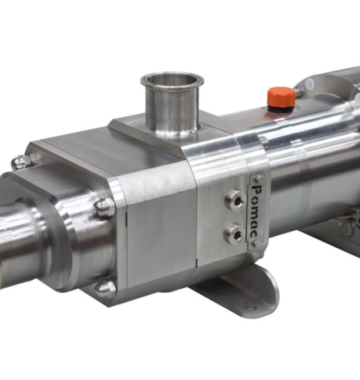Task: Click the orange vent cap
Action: [x=281, y=96]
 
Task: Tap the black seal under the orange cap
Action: [x=281, y=108]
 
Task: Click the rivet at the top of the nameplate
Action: [x=256, y=178]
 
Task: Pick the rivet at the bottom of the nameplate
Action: [x=256, y=243]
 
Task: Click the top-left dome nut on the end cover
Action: [x=21, y=162]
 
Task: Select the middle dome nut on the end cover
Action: [x=105, y=208]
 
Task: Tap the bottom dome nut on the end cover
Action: [x=105, y=288]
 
